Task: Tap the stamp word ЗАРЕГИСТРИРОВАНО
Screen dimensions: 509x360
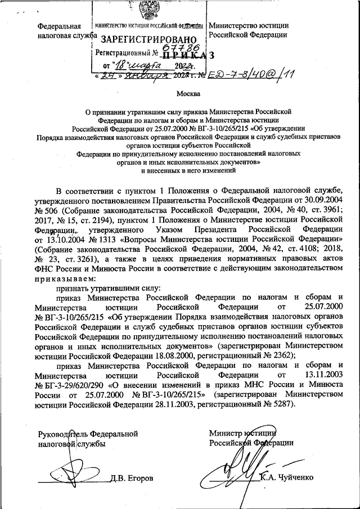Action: [x=149, y=40]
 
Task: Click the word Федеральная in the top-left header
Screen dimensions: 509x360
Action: [x=58, y=26]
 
